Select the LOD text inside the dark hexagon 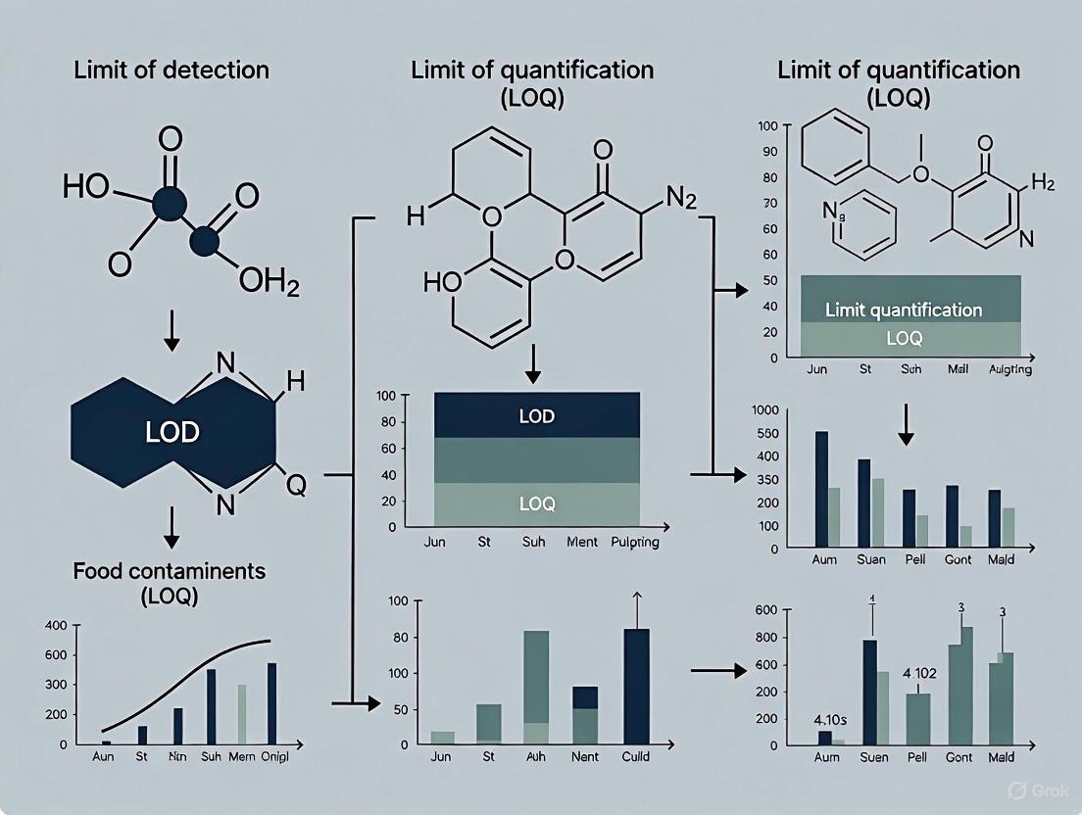click(172, 432)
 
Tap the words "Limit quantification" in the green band click(904, 310)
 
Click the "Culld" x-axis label click(635, 757)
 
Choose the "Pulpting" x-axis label click(634, 542)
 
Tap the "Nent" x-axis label click(584, 757)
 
